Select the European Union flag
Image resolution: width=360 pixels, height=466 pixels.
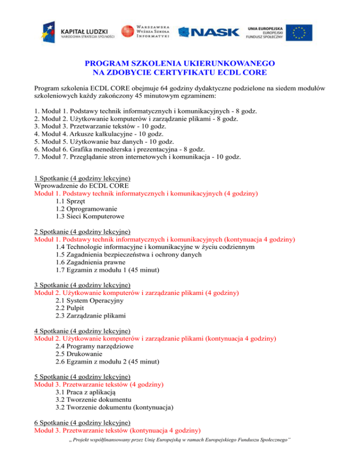pos(300,32)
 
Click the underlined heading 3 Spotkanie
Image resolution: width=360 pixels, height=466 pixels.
pos(82,285)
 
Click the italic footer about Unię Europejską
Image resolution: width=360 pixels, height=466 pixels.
pos(180,456)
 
